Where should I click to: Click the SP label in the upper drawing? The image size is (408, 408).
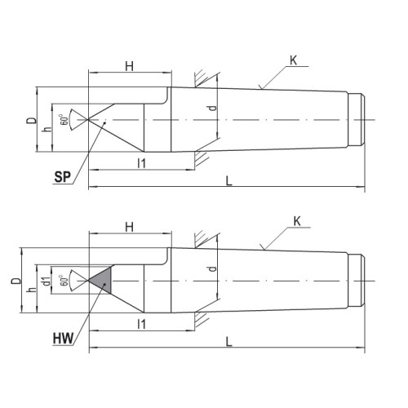pyautogui.click(x=63, y=177)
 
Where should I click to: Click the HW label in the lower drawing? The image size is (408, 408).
pyautogui.click(x=63, y=339)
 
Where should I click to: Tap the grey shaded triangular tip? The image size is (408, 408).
pyautogui.click(x=102, y=281)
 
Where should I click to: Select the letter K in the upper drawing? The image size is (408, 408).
pyautogui.click(x=294, y=60)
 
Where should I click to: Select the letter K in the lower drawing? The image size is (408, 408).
pyautogui.click(x=297, y=222)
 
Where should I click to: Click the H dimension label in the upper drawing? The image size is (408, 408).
pyautogui.click(x=130, y=66)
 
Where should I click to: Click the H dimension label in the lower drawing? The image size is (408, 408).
pyautogui.click(x=130, y=227)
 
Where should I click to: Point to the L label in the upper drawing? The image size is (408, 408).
pyautogui.click(x=229, y=181)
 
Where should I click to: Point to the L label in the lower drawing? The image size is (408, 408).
pyautogui.click(x=229, y=342)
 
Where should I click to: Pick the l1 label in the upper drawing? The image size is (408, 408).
pyautogui.click(x=142, y=163)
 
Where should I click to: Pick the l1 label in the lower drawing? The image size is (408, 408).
pyautogui.click(x=142, y=324)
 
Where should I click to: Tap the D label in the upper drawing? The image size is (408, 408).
pyautogui.click(x=31, y=121)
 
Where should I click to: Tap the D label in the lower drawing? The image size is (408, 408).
pyautogui.click(x=16, y=281)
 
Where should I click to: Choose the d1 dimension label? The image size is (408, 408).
pyautogui.click(x=47, y=282)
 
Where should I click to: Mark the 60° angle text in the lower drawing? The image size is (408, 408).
pyautogui.click(x=64, y=281)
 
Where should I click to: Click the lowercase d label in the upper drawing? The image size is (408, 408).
pyautogui.click(x=213, y=108)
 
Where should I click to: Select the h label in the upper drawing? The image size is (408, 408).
pyautogui.click(x=47, y=129)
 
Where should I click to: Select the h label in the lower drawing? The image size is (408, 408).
pyautogui.click(x=32, y=290)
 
